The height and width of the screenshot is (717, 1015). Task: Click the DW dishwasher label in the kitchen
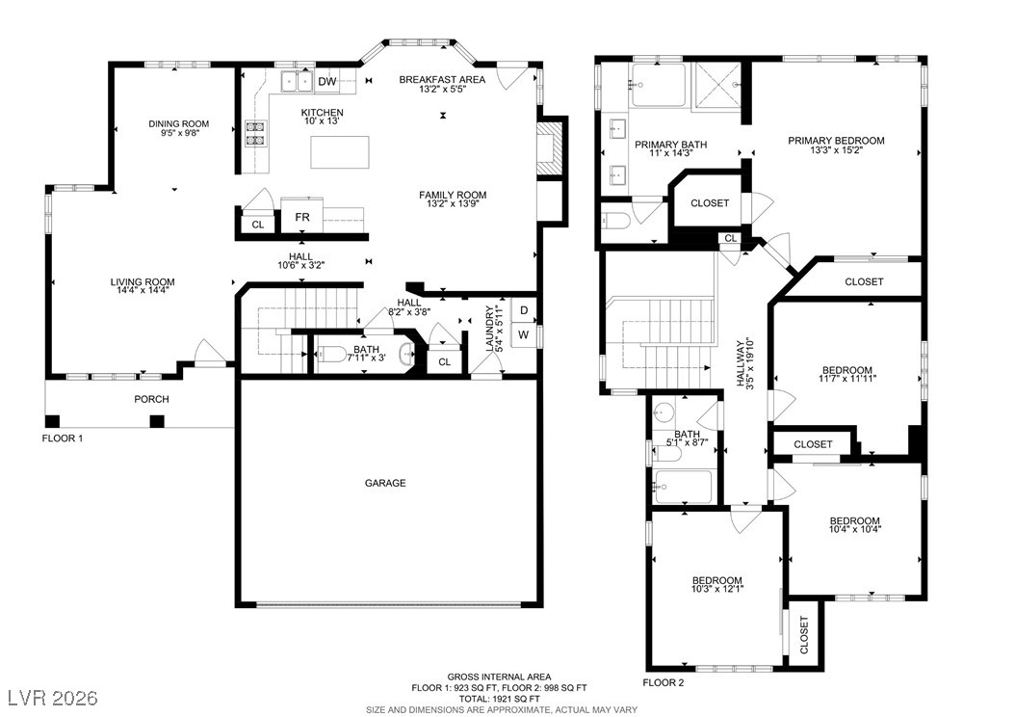tap(327, 82)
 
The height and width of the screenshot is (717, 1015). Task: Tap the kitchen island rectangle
tap(340, 152)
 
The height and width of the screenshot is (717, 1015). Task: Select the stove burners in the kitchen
tap(255, 132)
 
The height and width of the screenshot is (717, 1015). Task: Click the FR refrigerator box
tap(302, 216)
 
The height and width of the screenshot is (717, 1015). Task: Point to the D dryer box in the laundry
tap(524, 310)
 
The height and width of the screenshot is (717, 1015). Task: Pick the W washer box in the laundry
tap(524, 335)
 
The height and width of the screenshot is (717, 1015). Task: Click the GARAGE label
tap(385, 483)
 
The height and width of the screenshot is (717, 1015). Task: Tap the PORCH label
tap(151, 399)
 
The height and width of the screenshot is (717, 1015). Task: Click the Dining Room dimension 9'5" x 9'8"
tap(180, 133)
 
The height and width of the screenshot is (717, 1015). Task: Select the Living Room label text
tap(143, 281)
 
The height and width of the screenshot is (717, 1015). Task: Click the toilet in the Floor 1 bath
tap(331, 355)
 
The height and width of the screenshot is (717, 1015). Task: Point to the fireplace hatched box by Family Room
tap(548, 149)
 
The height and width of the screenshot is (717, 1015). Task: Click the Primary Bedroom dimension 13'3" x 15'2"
tap(836, 150)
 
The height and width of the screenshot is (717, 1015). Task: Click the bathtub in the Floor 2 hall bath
tap(683, 487)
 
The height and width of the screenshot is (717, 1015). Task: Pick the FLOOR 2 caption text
tap(663, 682)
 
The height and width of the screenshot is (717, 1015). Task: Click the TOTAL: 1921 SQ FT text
tap(499, 699)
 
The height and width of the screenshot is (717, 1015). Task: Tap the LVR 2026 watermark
tap(53, 698)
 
